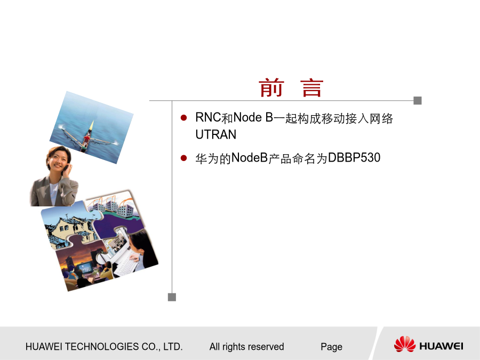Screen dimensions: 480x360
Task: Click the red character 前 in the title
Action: pyautogui.click(x=271, y=88)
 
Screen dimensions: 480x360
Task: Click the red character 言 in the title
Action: pyautogui.click(x=312, y=88)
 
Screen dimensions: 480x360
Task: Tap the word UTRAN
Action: pyautogui.click(x=216, y=134)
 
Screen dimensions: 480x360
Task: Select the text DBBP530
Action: pyautogui.click(x=354, y=158)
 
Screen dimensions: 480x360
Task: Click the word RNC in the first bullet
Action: pyautogui.click(x=208, y=117)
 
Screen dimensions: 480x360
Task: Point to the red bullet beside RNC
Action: pyautogui.click(x=183, y=118)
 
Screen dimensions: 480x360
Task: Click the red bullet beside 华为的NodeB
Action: pyautogui.click(x=183, y=158)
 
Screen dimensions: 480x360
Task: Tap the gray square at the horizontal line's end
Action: pyautogui.click(x=418, y=100)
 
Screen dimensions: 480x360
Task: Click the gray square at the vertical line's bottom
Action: pyautogui.click(x=172, y=297)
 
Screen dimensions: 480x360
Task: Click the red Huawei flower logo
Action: pyautogui.click(x=405, y=344)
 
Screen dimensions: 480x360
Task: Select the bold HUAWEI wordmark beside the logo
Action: pyautogui.click(x=441, y=346)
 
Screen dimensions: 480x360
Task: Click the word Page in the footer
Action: pyautogui.click(x=332, y=347)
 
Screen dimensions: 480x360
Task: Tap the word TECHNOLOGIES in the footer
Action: pyautogui.click(x=102, y=347)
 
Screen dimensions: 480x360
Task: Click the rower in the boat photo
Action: pyautogui.click(x=86, y=139)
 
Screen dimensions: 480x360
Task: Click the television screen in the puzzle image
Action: pyautogui.click(x=84, y=268)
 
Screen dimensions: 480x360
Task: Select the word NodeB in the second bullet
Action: pyautogui.click(x=250, y=158)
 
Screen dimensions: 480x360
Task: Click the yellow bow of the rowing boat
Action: pyautogui.click(x=91, y=125)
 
